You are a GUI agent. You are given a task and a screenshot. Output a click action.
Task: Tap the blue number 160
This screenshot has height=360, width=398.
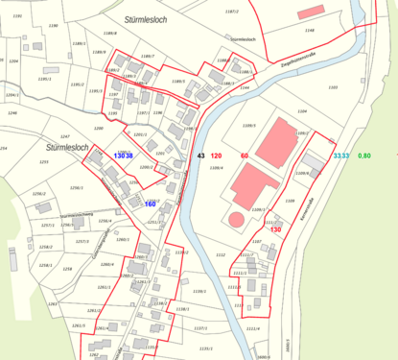coord(150,204)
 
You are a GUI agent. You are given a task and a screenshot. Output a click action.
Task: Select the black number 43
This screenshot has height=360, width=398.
coord(200,156)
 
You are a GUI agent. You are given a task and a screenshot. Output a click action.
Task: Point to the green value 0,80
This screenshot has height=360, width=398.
coord(363,156)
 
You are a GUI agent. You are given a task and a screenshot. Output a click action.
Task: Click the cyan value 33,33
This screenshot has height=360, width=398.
coord(340,156)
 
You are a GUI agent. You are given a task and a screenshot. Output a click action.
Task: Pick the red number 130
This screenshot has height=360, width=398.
coord(276,229)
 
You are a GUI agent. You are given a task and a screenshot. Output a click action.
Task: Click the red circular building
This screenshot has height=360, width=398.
coord(236,219)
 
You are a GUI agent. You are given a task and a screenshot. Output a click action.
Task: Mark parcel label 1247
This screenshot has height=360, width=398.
coord(65,137)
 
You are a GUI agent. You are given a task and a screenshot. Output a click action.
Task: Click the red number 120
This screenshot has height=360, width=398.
coord(217,156)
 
